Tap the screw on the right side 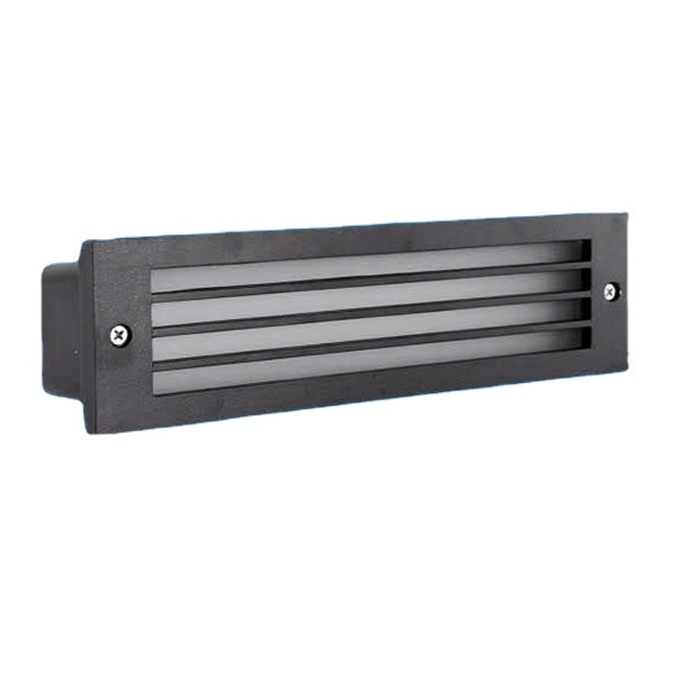(x=611, y=292)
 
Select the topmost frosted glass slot (x=369, y=266)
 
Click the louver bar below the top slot (x=369, y=282)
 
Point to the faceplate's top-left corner (x=83, y=243)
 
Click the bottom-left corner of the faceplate (x=89, y=432)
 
